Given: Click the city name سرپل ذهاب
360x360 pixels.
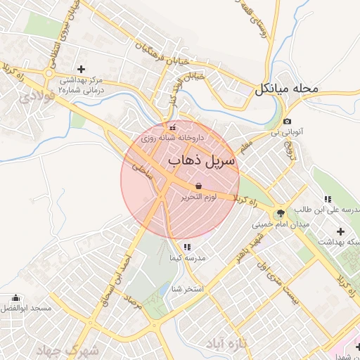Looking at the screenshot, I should tap(204, 161).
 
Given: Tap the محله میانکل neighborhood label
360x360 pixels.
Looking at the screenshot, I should tap(287, 89).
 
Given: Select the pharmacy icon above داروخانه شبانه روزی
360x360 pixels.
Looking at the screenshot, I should tap(172, 128).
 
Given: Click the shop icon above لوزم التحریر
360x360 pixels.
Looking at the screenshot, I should tap(200, 186).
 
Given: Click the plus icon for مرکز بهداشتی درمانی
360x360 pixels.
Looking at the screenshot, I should tap(81, 69).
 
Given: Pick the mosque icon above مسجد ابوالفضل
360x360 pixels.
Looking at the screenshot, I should tap(16, 298).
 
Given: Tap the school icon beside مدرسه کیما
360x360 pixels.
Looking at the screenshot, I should tap(187, 247).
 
